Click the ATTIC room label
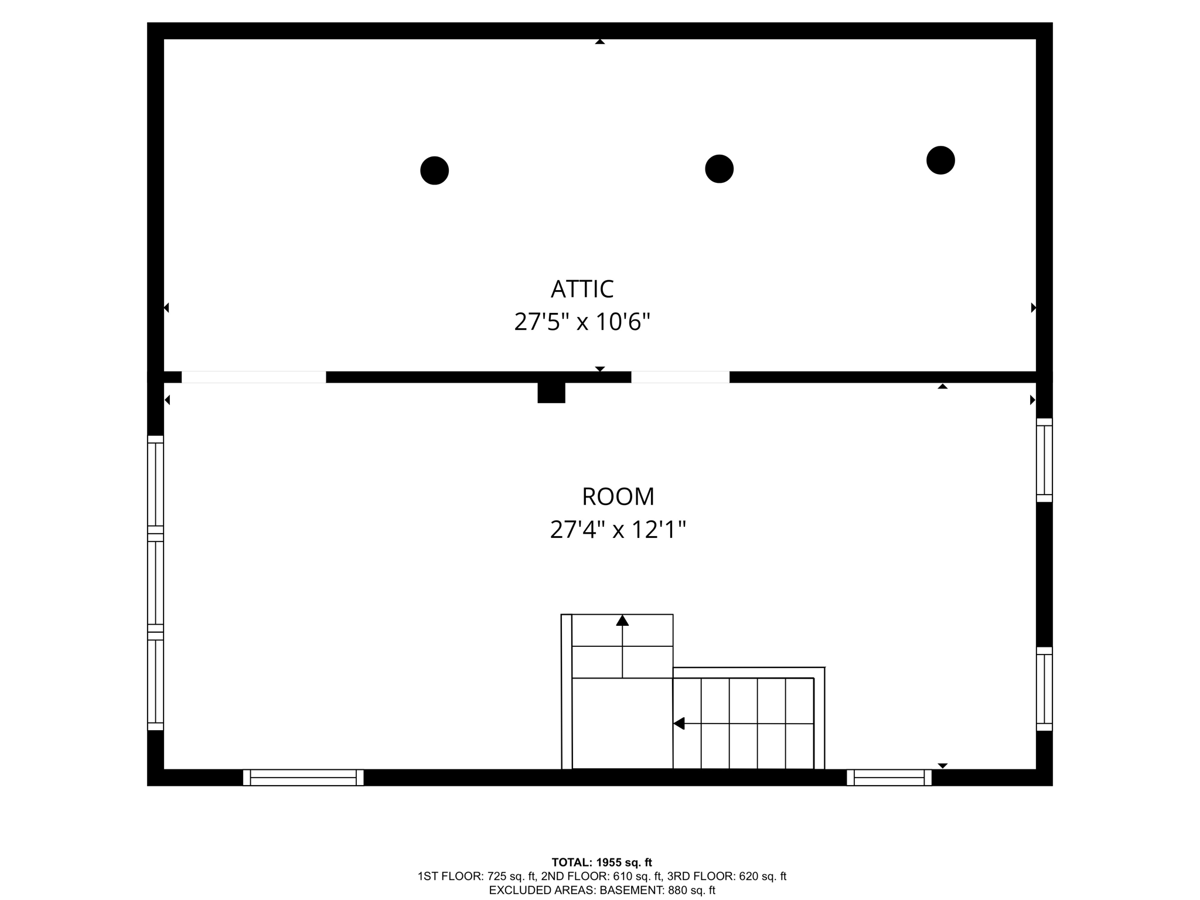tap(582, 289)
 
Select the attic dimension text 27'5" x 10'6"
tap(582, 322)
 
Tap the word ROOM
tap(618, 497)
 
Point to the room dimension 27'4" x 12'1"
tap(618, 530)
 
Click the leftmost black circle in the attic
tap(434, 171)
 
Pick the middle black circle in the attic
tap(719, 169)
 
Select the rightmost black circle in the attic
tap(940, 160)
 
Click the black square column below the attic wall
tap(551, 392)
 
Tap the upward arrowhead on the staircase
tap(622, 621)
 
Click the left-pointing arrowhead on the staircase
tap(679, 724)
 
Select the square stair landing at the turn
tap(622, 723)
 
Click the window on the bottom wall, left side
tap(303, 778)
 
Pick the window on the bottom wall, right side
tap(889, 778)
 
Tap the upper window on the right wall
tap(1044, 460)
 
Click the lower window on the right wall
tap(1044, 688)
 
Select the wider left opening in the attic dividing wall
tap(254, 377)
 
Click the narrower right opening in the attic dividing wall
tap(680, 377)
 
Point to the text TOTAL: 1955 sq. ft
tap(602, 862)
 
